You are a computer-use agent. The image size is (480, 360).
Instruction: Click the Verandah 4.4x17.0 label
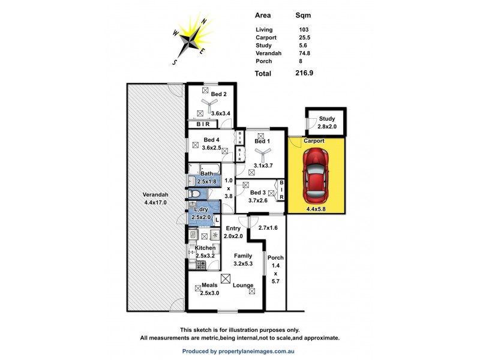tap(155, 199)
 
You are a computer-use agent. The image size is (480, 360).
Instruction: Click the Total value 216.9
tap(304, 73)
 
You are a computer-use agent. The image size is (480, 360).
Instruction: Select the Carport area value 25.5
tap(304, 38)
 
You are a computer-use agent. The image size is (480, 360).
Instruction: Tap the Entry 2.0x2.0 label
tap(233, 232)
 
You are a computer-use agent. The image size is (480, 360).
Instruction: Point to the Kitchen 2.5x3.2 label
tap(205, 252)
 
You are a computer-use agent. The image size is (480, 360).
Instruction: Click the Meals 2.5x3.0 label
tap(209, 289)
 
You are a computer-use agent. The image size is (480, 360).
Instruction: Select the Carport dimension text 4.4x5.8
tap(316, 209)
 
